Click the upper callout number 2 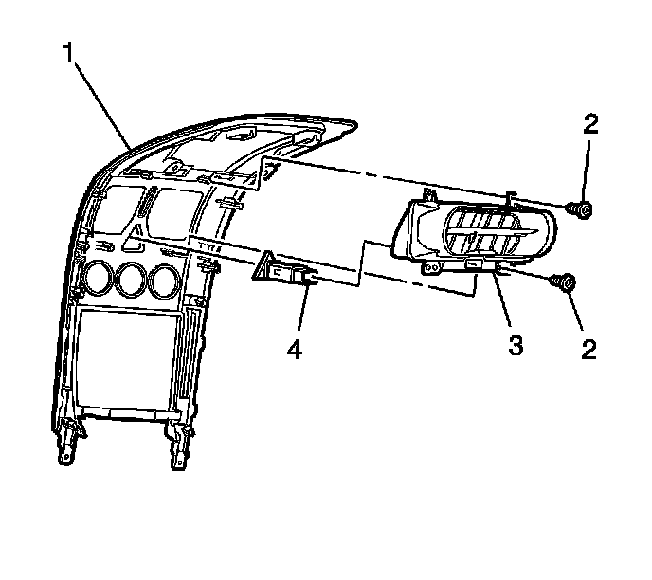coord(589,124)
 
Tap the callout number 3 coord(516,346)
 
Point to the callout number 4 coord(295,350)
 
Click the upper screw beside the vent coord(581,209)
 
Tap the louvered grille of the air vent coord(485,232)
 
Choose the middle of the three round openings coord(131,281)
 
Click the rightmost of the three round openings coord(164,280)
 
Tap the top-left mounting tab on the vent coord(426,194)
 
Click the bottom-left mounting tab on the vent coord(431,268)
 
